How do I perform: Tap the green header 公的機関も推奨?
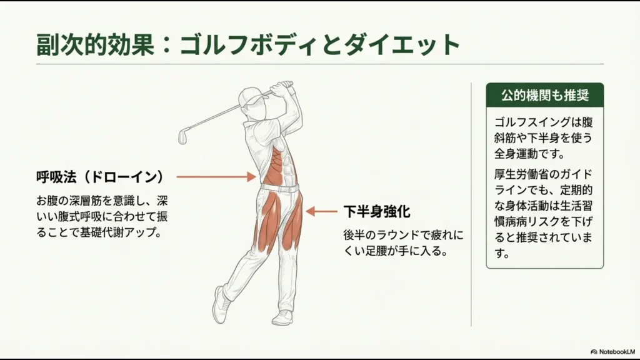(544, 96)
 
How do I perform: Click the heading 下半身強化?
(376, 212)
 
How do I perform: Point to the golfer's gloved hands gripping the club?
(286, 86)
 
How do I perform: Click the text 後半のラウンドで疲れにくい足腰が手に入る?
(402, 243)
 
